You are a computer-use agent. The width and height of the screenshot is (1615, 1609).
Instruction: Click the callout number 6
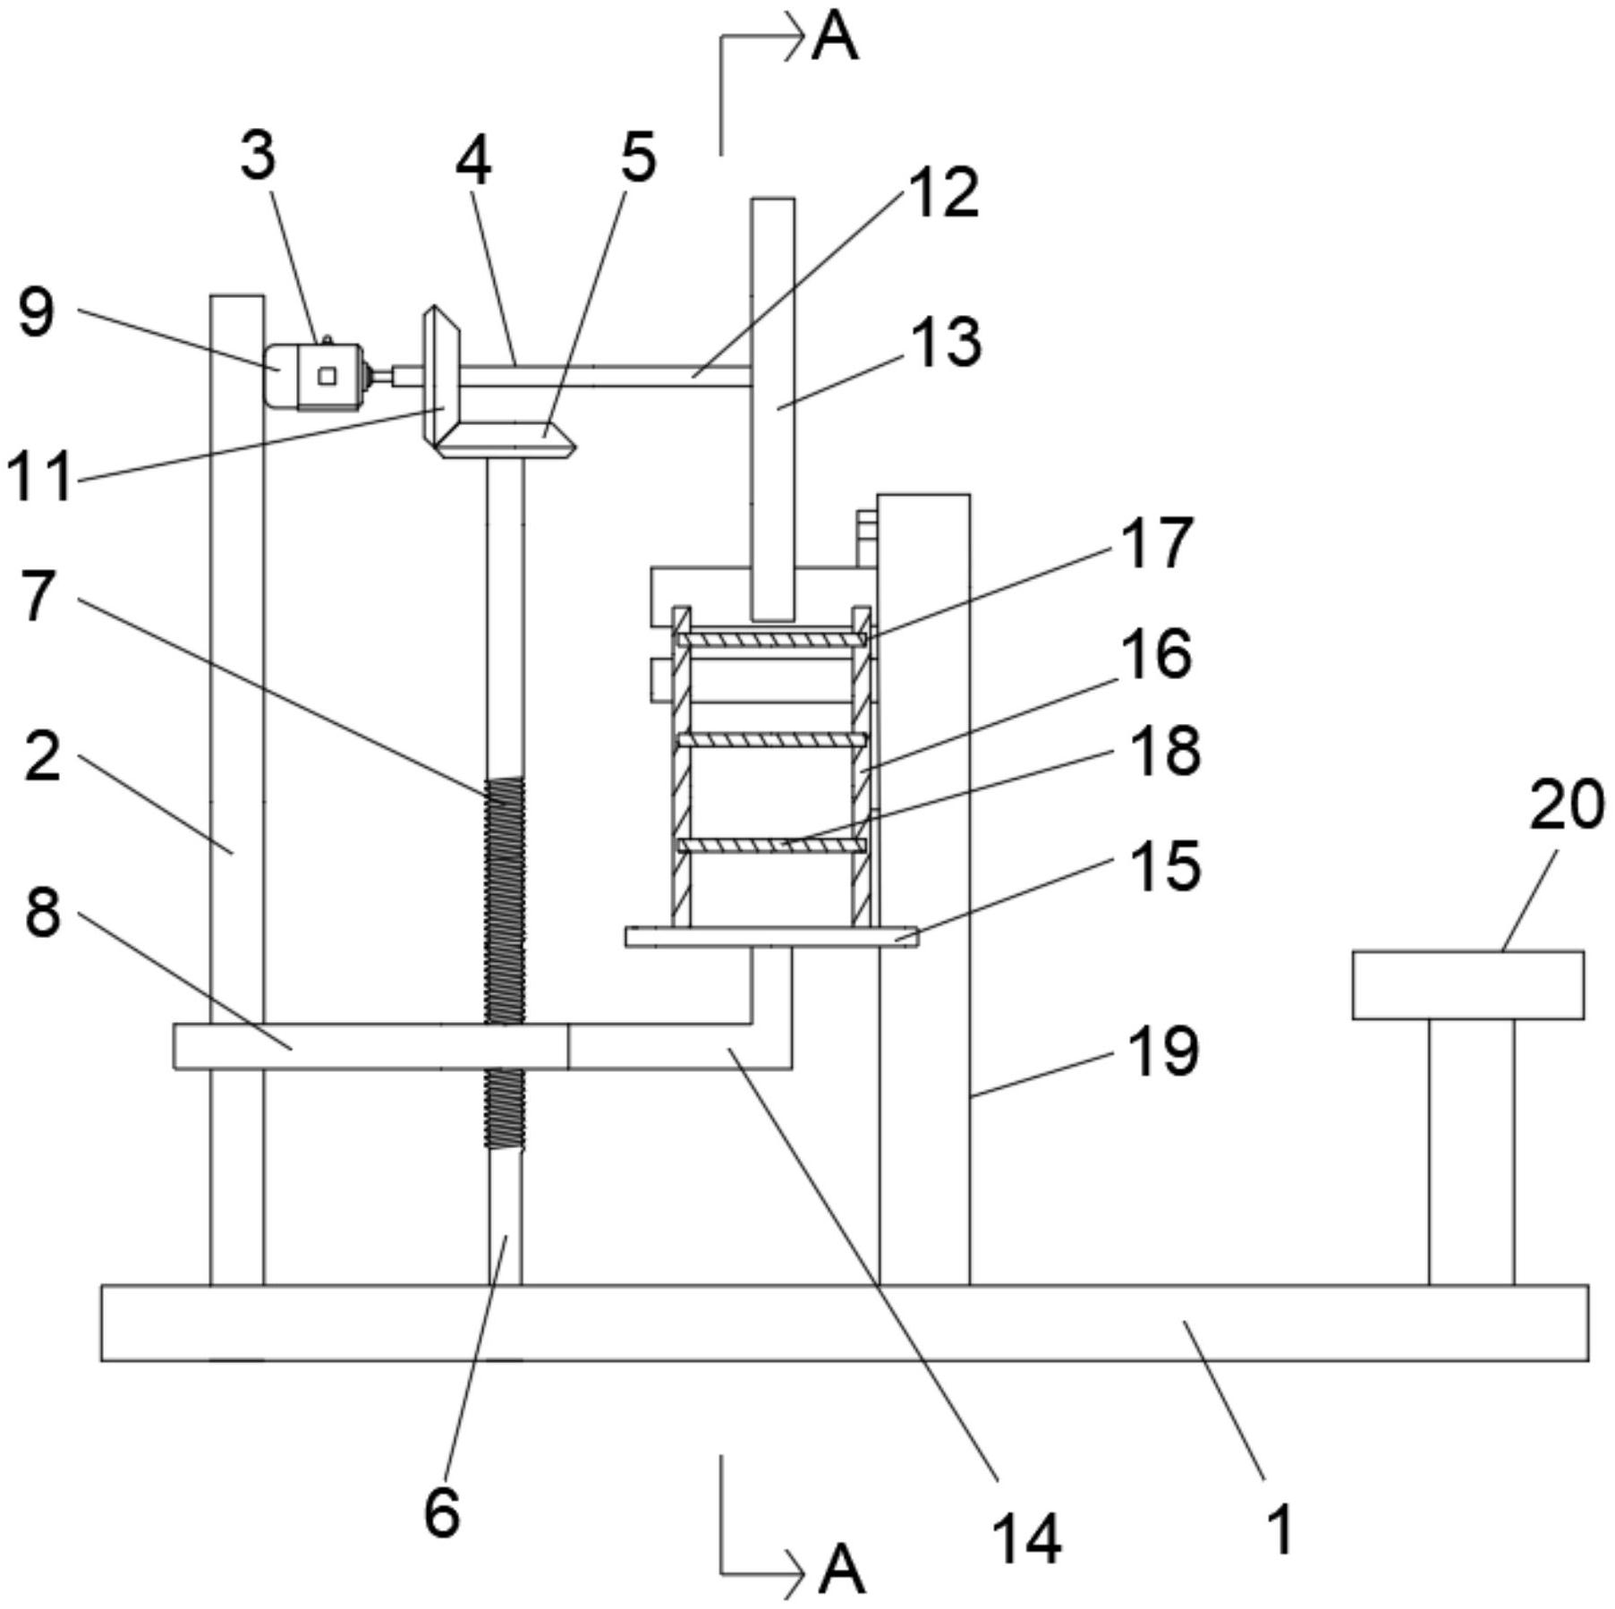coord(442,1512)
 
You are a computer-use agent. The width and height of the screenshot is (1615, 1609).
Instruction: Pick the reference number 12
coord(944,193)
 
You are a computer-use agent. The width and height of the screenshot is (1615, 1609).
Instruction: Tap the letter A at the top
coord(835,38)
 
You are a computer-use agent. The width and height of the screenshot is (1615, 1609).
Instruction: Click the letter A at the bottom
coord(842,1570)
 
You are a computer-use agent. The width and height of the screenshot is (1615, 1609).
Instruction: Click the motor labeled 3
coord(315,376)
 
